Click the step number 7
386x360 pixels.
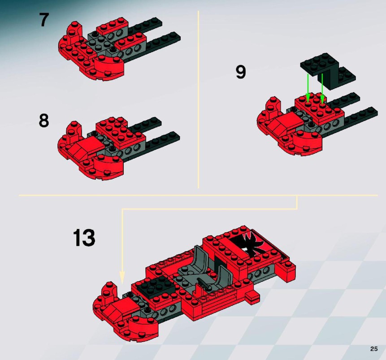(x=44, y=20)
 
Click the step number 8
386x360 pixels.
(x=44, y=121)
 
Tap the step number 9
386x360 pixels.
(x=241, y=72)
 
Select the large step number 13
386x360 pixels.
(x=84, y=238)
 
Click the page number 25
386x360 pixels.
(x=374, y=349)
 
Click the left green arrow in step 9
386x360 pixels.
(x=308, y=88)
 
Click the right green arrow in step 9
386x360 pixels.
(x=322, y=89)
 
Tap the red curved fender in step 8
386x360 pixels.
(x=108, y=165)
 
